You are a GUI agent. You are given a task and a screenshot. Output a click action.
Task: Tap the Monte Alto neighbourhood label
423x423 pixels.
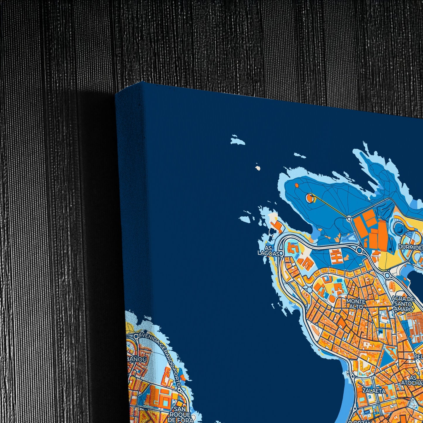[356, 304]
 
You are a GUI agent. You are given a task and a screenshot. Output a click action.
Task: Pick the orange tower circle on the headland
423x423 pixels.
[310, 198]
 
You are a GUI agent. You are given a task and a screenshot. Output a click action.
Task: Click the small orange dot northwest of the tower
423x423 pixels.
[297, 185]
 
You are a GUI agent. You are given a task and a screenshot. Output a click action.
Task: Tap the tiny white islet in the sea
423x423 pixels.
[258, 168]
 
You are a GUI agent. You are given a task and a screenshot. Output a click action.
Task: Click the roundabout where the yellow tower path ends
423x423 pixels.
[349, 218]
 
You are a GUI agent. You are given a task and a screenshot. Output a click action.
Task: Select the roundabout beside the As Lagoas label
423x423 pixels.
[281, 253]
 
